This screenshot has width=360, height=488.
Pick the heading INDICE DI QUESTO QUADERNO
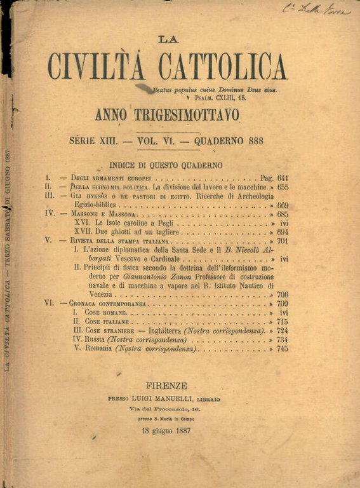click(x=166, y=165)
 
